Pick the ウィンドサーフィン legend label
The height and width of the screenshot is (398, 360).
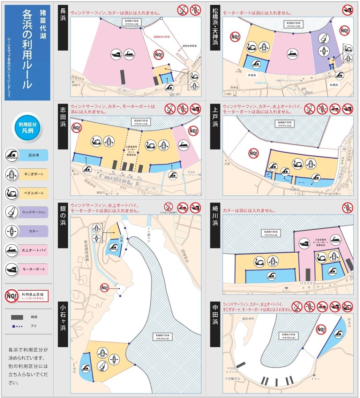[35, 212]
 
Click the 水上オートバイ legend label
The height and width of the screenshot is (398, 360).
[35, 250]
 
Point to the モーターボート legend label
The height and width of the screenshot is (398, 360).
[35, 269]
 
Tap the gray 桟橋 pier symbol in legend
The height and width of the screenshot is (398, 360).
[17, 317]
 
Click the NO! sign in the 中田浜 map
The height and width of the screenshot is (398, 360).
[321, 329]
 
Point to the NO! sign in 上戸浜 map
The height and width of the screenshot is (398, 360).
[253, 153]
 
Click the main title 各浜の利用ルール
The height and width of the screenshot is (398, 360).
[28, 49]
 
